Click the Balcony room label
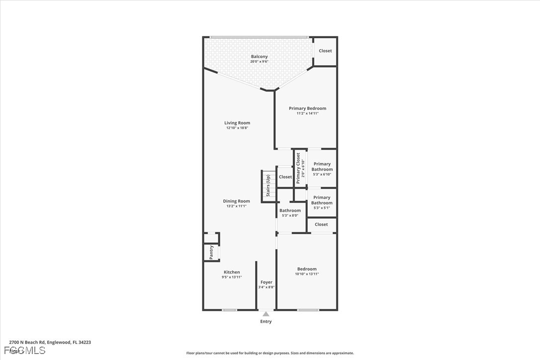click(x=259, y=57)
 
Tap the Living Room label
click(x=237, y=123)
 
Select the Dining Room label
click(x=236, y=201)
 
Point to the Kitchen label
click(x=232, y=272)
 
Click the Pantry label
click(x=211, y=253)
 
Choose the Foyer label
click(x=266, y=282)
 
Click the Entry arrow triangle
click(x=266, y=314)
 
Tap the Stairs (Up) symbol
click(x=269, y=185)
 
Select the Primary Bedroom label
click(x=307, y=108)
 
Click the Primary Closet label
click(x=300, y=168)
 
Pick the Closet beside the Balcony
click(x=325, y=51)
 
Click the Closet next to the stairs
click(x=285, y=177)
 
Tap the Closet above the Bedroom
click(x=321, y=224)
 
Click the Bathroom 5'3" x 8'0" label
click(x=290, y=211)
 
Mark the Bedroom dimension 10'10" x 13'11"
click(x=307, y=274)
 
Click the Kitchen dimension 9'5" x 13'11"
click(x=232, y=277)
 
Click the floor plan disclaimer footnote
click(x=270, y=353)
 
